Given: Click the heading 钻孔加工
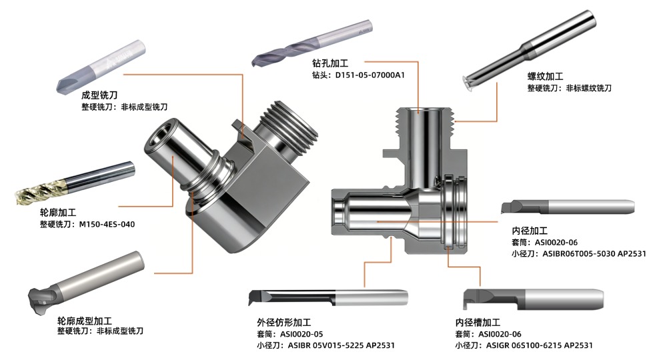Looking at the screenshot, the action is (x=330, y=63).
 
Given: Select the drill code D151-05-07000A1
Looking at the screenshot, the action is (x=370, y=75).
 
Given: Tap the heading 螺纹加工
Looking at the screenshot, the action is (x=546, y=77).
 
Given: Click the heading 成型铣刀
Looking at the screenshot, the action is (x=99, y=95).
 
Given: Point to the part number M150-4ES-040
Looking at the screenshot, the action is (x=107, y=224).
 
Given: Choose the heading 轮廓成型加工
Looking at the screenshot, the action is (x=84, y=321).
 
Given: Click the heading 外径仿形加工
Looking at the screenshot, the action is (x=283, y=323).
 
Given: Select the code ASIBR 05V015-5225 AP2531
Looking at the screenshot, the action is (x=342, y=345).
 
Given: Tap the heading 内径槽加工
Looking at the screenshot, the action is (x=478, y=323).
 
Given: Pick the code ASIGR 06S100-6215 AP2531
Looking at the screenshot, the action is (x=540, y=345).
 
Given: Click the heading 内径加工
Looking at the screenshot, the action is (x=530, y=231).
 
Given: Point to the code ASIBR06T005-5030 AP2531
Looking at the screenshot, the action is (x=594, y=254).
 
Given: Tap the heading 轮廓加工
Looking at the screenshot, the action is (x=58, y=213).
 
